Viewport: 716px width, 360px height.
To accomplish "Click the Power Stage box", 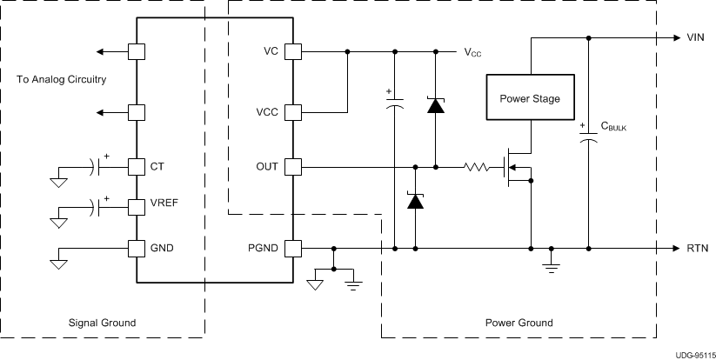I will (530, 98).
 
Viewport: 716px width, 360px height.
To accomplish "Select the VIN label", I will (695, 38).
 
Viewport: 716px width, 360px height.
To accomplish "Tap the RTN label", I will (696, 249).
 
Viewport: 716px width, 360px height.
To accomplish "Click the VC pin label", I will (271, 52).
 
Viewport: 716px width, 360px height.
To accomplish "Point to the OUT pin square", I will (294, 165).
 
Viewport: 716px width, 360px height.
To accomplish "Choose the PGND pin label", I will (264, 249).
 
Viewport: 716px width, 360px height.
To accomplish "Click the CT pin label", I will (157, 165).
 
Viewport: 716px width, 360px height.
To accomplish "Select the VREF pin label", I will (164, 207).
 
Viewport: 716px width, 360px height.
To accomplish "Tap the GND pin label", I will (162, 249).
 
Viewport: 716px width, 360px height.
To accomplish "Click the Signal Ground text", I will (103, 323).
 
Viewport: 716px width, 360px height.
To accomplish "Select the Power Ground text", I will (519, 323).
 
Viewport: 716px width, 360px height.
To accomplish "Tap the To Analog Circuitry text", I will (62, 80).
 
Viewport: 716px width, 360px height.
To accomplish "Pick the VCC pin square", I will (294, 113).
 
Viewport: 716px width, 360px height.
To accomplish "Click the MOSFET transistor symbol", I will (518, 166).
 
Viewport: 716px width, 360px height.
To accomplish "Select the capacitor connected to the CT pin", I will (92, 165).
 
